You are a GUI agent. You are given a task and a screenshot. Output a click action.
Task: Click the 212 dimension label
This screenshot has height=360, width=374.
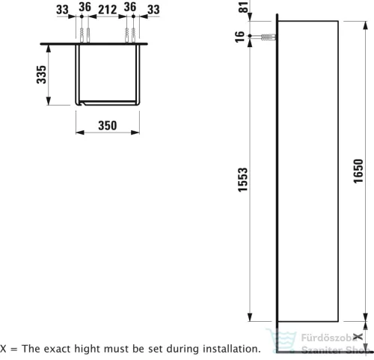point(108,10)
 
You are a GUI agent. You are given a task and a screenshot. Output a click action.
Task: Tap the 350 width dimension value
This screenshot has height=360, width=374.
point(108,126)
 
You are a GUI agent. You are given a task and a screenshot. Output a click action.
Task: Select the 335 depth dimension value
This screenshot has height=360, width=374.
point(41,74)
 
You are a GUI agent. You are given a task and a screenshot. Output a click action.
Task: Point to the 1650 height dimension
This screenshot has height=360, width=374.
point(358,171)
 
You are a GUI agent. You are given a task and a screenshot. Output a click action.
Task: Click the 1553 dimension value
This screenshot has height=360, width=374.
point(243,180)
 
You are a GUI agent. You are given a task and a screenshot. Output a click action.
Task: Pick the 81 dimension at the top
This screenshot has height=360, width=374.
point(245,7)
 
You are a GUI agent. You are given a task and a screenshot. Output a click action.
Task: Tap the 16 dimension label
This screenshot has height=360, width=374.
point(239,37)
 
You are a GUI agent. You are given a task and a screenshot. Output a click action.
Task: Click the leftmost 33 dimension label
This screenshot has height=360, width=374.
point(62,10)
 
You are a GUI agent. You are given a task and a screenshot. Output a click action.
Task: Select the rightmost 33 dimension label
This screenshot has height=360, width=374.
point(153,10)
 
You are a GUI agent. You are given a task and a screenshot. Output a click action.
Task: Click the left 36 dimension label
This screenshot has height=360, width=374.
point(85,7)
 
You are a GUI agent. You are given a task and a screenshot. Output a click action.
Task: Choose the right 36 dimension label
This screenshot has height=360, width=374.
point(130,7)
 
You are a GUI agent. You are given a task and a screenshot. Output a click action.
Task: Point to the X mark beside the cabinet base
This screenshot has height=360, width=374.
point(358,337)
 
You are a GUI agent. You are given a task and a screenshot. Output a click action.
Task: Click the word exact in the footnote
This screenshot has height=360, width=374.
point(59,349)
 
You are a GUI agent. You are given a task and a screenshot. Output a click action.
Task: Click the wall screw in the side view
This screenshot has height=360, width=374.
point(268,37)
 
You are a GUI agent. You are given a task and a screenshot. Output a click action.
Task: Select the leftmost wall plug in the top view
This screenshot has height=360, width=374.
point(82,35)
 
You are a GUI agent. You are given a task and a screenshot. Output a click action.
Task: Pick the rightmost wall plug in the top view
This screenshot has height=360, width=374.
point(133,35)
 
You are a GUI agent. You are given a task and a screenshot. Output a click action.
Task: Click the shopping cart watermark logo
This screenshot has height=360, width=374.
point(281,340)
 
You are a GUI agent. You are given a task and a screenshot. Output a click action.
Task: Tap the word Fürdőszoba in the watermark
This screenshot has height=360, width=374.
point(329,338)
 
